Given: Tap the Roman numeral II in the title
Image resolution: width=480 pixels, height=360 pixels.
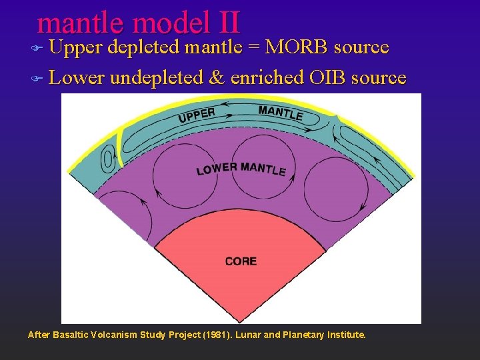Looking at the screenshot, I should (x=227, y=23).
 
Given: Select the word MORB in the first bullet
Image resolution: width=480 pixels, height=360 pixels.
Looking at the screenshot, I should (x=296, y=47).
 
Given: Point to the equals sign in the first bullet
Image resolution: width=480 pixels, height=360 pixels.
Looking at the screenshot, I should (x=255, y=48).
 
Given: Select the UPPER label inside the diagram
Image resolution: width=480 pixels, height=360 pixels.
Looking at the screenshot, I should (x=197, y=115).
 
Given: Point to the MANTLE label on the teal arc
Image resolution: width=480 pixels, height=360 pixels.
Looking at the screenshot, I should (x=280, y=113).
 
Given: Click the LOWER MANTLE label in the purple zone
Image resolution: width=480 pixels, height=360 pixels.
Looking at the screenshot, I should (x=241, y=169).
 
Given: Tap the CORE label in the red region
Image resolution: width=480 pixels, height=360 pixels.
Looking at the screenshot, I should (x=241, y=261).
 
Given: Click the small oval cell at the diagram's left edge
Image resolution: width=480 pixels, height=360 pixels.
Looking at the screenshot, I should (x=107, y=161).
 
